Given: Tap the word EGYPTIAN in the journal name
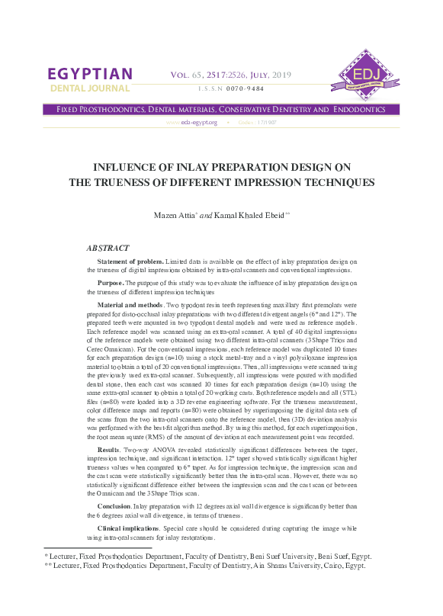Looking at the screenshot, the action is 90,74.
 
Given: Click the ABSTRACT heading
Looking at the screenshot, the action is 108,248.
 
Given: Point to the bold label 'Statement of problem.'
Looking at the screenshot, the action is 130,261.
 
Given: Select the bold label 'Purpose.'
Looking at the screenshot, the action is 112,282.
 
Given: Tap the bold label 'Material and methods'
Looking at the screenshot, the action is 131,303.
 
